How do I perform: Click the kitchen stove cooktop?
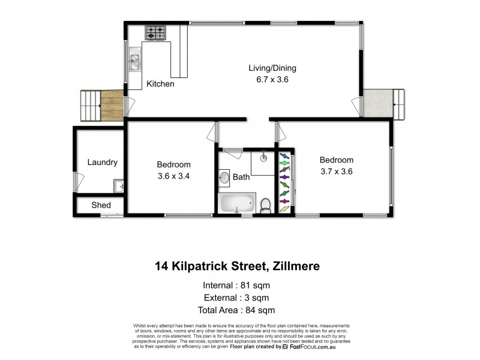pos(155,32)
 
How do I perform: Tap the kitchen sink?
pos(134,61)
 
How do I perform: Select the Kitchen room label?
pos(160,85)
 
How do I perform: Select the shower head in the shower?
pos(262,159)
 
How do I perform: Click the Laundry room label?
pos(102,163)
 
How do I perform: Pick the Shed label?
pos(101,205)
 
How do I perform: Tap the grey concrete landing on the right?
pos(377,103)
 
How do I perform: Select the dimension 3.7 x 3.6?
pos(336,171)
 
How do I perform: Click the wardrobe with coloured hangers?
pos(285,182)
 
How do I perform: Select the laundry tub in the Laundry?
pos(119,187)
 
